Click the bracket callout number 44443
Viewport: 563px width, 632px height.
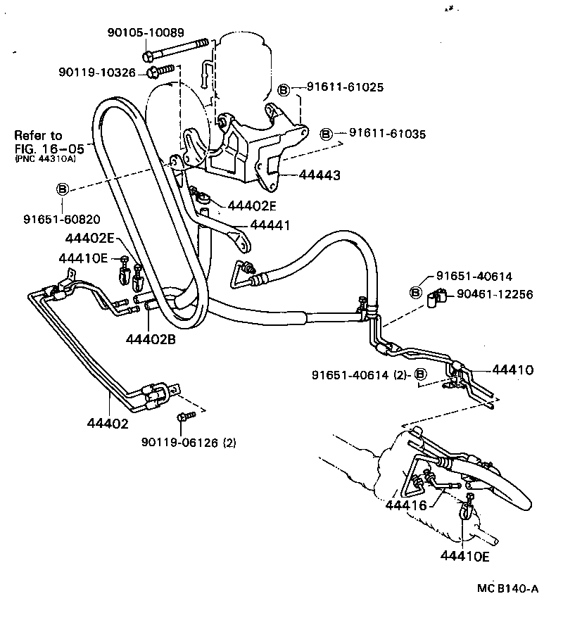(x=320, y=175)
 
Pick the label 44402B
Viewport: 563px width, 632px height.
(x=151, y=339)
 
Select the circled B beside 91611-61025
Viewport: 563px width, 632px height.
(x=284, y=89)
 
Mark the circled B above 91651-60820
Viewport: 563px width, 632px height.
(x=62, y=189)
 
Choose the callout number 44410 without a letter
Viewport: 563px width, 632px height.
(x=512, y=369)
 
